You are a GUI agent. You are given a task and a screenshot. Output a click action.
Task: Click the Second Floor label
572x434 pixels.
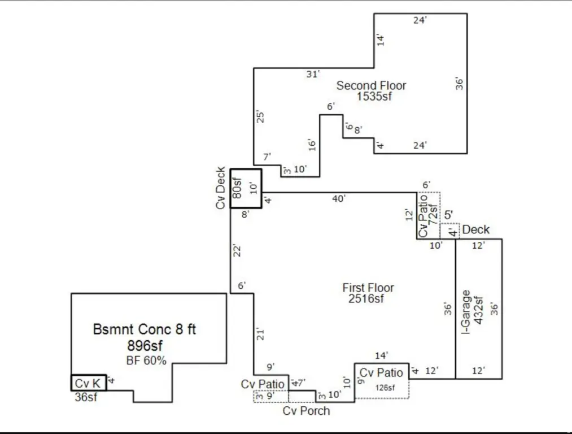[371, 86]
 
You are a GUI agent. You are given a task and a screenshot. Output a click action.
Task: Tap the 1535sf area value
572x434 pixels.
[374, 97]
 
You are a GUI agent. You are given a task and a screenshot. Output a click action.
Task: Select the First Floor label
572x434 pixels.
[368, 288]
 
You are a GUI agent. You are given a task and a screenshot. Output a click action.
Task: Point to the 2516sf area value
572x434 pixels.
[367, 298]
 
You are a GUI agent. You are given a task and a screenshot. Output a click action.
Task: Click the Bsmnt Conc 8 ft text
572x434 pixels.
[145, 329]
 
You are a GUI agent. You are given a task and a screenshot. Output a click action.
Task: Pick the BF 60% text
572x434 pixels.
[146, 361]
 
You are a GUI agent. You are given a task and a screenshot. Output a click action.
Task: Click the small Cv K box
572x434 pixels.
[88, 383]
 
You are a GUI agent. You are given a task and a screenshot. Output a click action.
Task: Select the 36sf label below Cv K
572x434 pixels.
[86, 397]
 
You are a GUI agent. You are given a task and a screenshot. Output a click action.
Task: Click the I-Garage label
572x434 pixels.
[466, 312]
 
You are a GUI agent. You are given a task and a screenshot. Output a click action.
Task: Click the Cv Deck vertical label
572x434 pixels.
[221, 188]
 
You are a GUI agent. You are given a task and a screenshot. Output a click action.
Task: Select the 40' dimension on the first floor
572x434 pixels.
[338, 198]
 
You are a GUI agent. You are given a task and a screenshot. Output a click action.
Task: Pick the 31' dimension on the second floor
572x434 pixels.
[313, 74]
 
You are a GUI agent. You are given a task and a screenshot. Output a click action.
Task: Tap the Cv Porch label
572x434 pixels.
[306, 411]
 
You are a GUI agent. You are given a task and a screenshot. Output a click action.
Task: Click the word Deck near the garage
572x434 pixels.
[476, 230]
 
